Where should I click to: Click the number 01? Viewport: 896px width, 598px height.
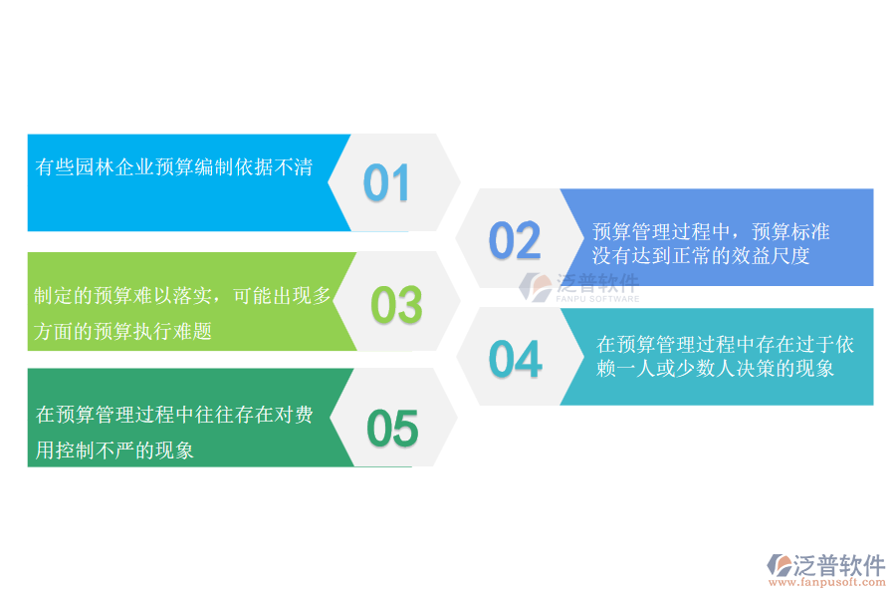pos(386,183)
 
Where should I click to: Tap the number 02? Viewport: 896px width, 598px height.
pos(515,240)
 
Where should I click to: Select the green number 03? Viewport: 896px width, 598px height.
pos(396,305)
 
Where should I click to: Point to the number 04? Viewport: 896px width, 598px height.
pos(515,360)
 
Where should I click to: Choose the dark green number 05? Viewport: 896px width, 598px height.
pos(392,429)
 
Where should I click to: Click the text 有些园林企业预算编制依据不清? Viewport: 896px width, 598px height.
pos(174,167)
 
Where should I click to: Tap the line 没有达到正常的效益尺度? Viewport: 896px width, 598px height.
pos(701,256)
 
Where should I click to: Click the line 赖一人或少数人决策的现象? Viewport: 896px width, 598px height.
pos(715,369)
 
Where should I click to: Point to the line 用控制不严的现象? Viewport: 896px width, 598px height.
pos(114,450)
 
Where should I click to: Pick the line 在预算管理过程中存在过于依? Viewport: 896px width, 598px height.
pos(725,345)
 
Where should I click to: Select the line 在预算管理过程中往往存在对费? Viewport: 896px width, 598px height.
pos(174,415)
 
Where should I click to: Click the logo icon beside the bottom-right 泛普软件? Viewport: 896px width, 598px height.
pos(780,565)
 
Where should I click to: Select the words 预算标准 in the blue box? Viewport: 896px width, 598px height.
pos(790,232)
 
